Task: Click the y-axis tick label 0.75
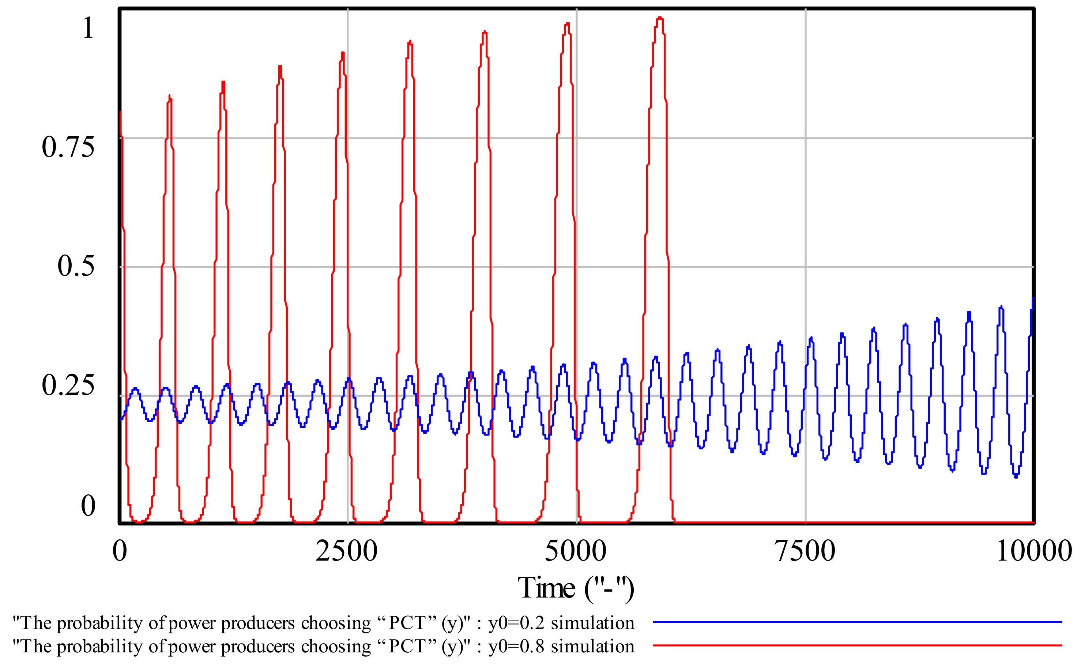pos(68,147)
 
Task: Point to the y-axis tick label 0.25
pos(68,385)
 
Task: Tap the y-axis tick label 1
pos(88,28)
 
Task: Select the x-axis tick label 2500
pos(346,551)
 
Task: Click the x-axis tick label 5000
pos(576,551)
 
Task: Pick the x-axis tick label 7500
pos(805,551)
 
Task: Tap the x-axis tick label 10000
pos(1034,551)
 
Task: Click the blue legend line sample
pos(857,622)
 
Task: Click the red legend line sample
pos(857,645)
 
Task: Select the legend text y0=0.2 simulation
pos(561,623)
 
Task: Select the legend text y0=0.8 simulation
pos(561,646)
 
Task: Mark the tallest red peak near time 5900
pos(659,18)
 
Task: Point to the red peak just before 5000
pos(567,24)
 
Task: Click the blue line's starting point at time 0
pos(121,419)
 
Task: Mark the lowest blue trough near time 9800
pos(1016,477)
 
